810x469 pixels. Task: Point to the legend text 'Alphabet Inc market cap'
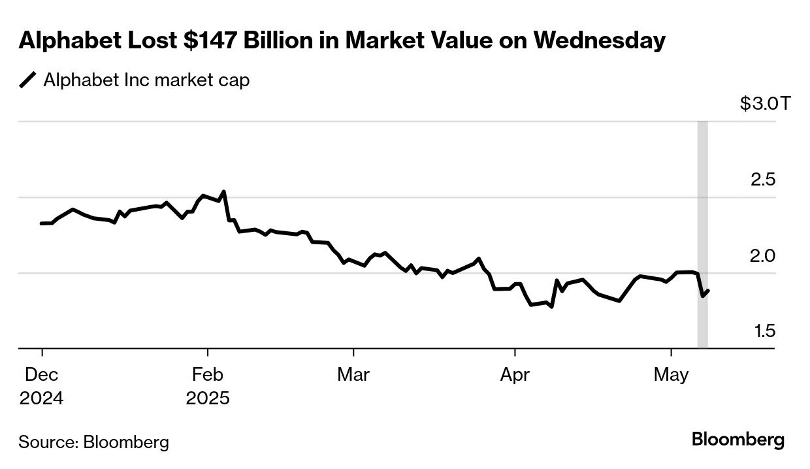pyautogui.click(x=146, y=80)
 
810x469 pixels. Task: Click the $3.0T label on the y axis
pyautogui.click(x=765, y=103)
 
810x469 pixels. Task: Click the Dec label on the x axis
pyautogui.click(x=42, y=375)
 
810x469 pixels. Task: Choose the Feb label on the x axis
pyautogui.click(x=207, y=375)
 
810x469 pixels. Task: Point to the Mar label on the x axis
pyautogui.click(x=353, y=375)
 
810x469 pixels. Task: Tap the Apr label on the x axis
pyautogui.click(x=515, y=375)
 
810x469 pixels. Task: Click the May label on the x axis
pyautogui.click(x=672, y=375)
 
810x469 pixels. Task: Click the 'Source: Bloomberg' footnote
pyautogui.click(x=93, y=442)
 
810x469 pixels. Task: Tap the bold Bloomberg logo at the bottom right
pyautogui.click(x=737, y=440)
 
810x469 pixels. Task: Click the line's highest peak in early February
pyautogui.click(x=224, y=191)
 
